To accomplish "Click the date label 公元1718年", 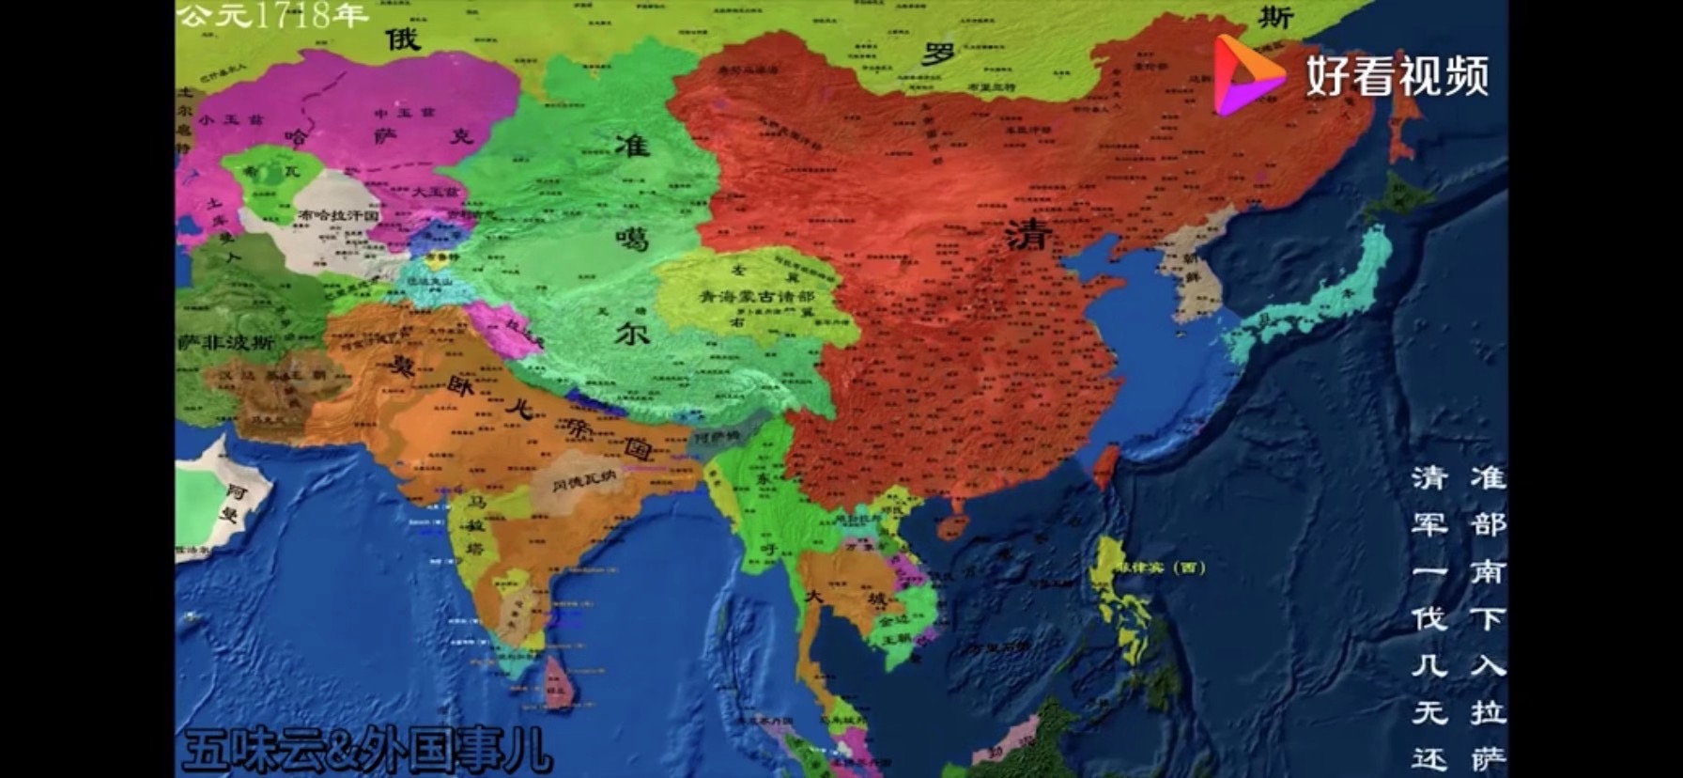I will click(x=273, y=16).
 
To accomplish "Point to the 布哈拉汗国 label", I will click(x=337, y=215).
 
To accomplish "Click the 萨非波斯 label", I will click(x=225, y=343).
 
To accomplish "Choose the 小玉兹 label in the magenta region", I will click(x=220, y=118).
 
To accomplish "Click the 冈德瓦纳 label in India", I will click(x=583, y=486).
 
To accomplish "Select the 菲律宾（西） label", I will click(x=1158, y=568).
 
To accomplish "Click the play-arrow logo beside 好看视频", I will click(x=1249, y=74).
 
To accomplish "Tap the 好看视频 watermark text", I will click(x=1397, y=75).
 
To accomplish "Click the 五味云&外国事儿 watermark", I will click(x=366, y=753).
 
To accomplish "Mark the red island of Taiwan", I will click(x=1104, y=467).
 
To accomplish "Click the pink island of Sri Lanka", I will click(x=558, y=682).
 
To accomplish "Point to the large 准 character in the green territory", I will click(x=632, y=144).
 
